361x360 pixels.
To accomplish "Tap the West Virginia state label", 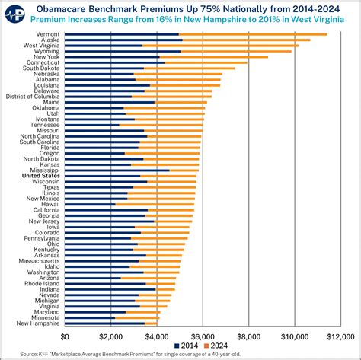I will tap(42, 46).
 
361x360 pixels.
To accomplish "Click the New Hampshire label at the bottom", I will tap(38, 323).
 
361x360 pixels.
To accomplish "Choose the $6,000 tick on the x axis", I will tap(202, 336).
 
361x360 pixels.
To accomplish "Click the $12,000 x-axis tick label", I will tap(337, 336).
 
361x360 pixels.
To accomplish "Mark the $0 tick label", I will tap(65, 336).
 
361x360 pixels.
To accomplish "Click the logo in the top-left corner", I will tap(12, 18).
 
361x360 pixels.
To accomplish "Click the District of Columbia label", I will tap(33, 97).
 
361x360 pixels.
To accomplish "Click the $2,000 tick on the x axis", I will tap(110, 336).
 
